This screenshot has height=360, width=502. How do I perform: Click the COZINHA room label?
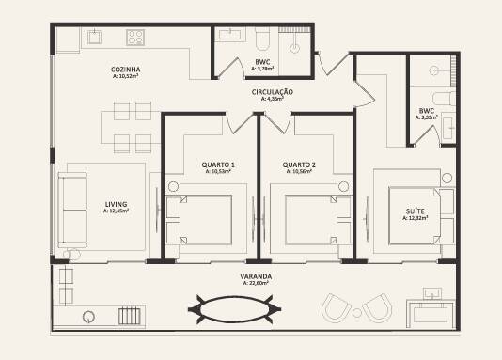[125, 69]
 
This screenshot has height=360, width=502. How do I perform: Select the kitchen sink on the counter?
[96, 38]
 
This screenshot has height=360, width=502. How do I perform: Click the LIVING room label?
[116, 205]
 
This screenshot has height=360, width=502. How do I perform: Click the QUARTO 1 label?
[217, 165]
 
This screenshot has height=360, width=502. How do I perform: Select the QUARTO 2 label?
[299, 165]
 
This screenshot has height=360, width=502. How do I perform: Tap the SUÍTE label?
[415, 211]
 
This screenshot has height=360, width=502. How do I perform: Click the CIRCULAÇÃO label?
[273, 91]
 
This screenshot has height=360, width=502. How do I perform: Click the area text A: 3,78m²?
[264, 70]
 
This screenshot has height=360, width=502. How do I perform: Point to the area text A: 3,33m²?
[427, 117]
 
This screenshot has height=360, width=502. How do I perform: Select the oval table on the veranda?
[236, 309]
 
